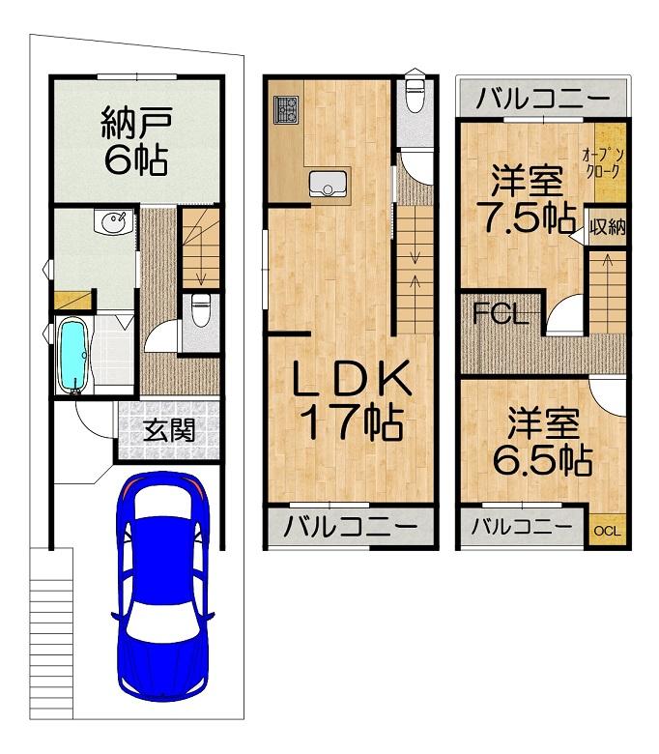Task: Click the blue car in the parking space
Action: coord(163,588)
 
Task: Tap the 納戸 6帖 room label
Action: coord(136,141)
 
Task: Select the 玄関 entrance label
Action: coord(169,430)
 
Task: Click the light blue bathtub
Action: coord(72,356)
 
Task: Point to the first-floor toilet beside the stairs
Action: coord(200,310)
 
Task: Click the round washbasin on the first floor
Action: coord(114,222)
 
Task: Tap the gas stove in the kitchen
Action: coord(286,108)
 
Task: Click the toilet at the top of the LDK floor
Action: coord(414,91)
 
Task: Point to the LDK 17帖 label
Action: coord(353,400)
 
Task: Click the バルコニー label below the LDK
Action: coord(351,527)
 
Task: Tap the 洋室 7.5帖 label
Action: coord(527,199)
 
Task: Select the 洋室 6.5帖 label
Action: coord(543,442)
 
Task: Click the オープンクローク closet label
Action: coord(603,164)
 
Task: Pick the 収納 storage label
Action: coord(608,226)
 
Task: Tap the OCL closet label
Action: coord(608,531)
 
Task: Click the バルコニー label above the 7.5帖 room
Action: coord(543,99)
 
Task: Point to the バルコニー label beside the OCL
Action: coord(522,528)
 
